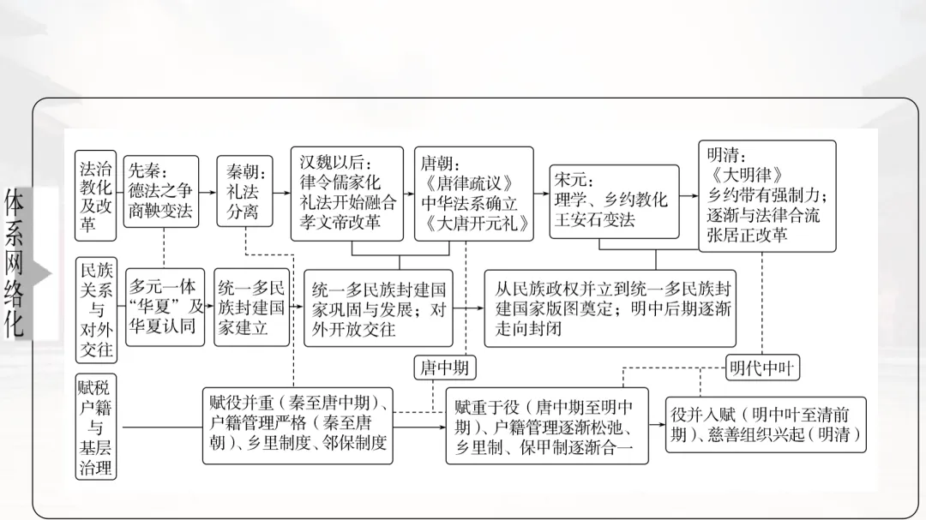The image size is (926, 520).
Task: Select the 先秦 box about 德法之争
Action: (160, 191)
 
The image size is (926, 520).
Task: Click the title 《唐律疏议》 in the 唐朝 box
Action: (469, 183)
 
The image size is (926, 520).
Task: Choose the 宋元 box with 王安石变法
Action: (610, 200)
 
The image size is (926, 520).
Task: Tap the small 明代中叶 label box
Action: (762, 368)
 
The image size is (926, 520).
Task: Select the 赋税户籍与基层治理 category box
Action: (94, 426)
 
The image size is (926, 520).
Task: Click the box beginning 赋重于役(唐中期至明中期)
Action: (547, 426)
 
